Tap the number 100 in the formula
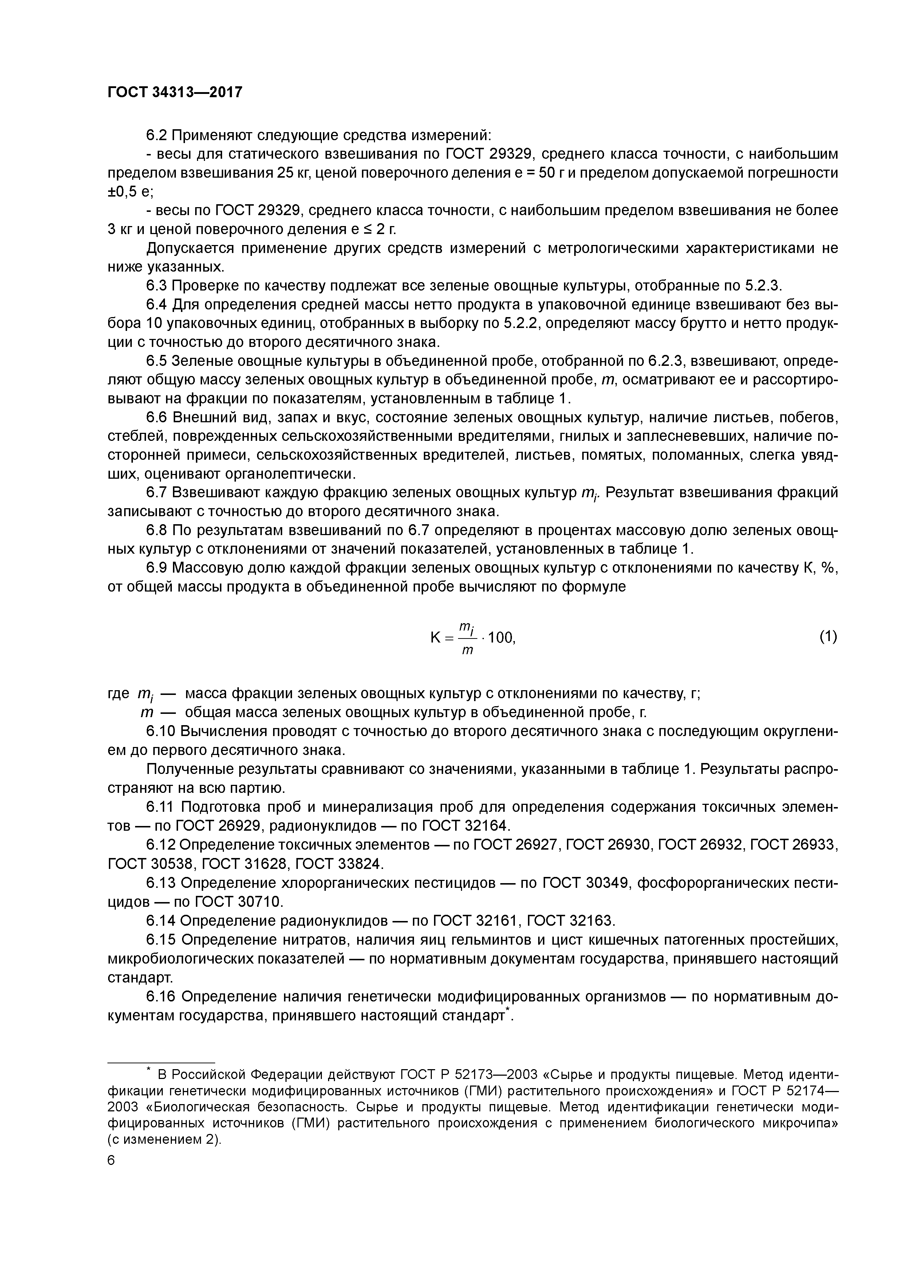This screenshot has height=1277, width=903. click(x=501, y=638)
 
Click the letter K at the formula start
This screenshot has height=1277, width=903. click(x=435, y=638)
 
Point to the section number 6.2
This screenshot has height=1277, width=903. click(x=157, y=135)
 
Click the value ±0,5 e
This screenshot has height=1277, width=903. click(x=130, y=192)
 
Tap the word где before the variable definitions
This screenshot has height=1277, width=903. click(x=117, y=693)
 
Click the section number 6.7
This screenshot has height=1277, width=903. click(x=157, y=493)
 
